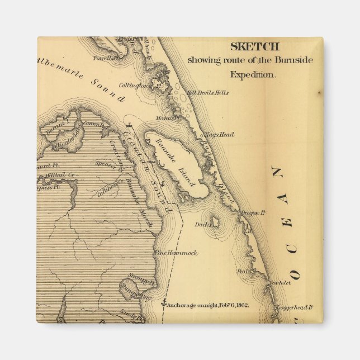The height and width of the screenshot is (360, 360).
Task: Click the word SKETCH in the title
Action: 254,47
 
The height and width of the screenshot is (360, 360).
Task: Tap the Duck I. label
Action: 200,225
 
